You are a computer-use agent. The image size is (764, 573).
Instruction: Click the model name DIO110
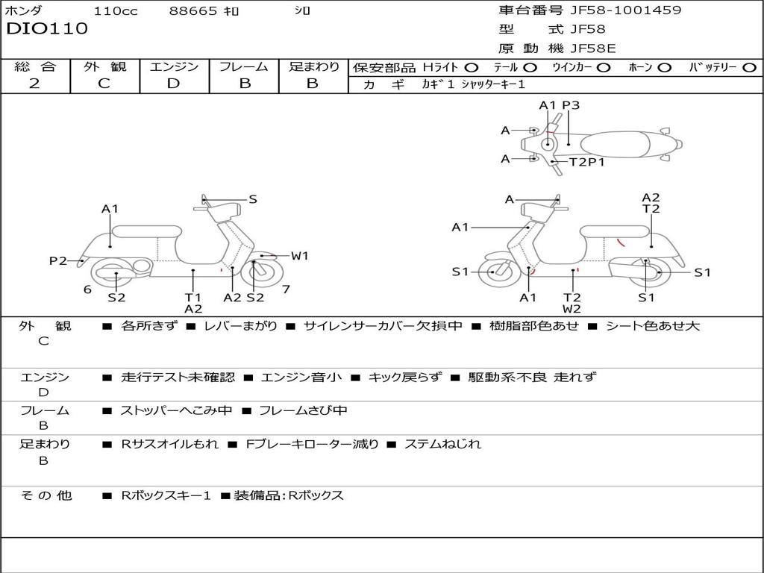[47, 29]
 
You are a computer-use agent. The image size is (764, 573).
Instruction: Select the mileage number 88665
[193, 10]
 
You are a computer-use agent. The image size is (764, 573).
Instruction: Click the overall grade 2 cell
[34, 84]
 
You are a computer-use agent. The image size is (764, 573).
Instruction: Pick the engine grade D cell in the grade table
[173, 84]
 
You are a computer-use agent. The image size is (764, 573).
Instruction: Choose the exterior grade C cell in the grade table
[104, 84]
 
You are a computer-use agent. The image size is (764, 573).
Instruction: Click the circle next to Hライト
[472, 67]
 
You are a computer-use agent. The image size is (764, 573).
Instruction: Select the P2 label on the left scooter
[58, 260]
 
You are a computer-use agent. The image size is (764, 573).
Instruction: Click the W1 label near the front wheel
[299, 256]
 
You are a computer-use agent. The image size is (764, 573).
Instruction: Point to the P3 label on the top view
[571, 105]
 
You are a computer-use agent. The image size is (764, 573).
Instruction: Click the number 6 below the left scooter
[87, 289]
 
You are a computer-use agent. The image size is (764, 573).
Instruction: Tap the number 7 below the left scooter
[286, 289]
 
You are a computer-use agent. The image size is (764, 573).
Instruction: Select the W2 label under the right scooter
[572, 308]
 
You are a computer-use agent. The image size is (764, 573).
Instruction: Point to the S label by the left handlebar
[253, 199]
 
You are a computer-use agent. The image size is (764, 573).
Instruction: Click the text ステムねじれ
[442, 444]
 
